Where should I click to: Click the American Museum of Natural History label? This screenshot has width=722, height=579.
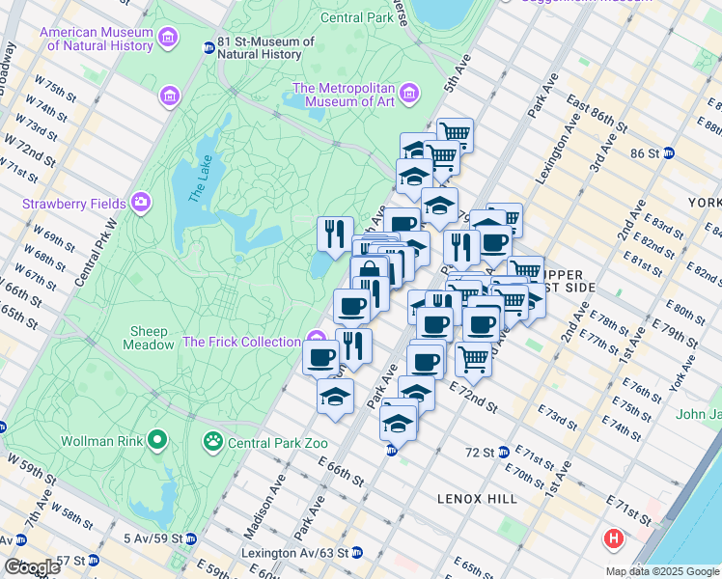(x=97, y=39)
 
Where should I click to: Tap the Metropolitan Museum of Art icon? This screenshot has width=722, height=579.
(x=410, y=94)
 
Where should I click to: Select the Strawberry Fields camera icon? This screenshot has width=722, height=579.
(x=142, y=203)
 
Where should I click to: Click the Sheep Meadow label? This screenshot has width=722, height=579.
(x=150, y=338)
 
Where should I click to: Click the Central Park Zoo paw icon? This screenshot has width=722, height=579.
(x=212, y=442)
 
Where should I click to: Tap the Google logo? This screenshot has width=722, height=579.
(x=32, y=567)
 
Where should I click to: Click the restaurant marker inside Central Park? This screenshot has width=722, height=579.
(x=335, y=233)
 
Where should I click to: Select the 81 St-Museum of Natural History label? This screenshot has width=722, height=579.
(x=265, y=47)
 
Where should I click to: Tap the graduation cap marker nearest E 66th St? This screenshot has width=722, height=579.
(x=335, y=396)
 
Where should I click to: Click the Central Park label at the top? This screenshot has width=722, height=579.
(x=357, y=17)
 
